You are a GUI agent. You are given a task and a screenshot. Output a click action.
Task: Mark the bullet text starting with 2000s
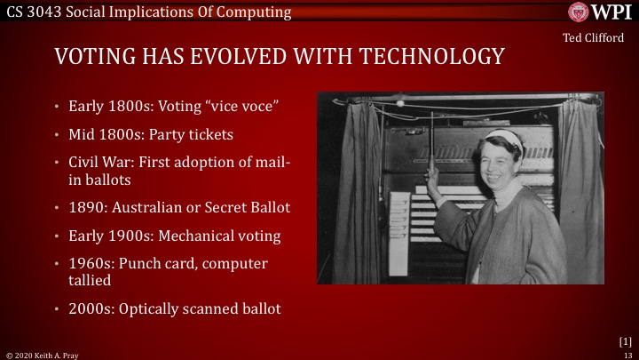pos(175,309)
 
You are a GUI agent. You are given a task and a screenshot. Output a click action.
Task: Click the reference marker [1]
pos(624,340)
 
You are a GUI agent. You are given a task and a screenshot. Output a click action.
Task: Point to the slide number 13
pos(627,354)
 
